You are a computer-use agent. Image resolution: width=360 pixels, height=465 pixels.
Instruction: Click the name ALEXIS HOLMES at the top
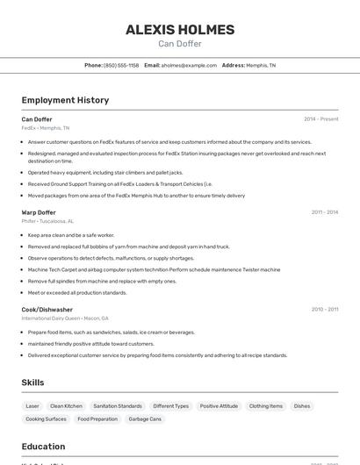click(x=180, y=30)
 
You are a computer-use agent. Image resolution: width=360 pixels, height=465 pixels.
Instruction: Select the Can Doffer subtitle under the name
click(x=180, y=44)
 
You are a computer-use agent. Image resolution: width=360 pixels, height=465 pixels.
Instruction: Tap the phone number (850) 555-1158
click(x=121, y=65)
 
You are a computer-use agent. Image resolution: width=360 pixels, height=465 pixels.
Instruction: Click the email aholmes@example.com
click(x=189, y=65)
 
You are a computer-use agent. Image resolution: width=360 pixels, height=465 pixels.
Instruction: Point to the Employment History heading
click(x=65, y=100)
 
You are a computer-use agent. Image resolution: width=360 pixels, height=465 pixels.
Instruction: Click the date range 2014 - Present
click(x=320, y=119)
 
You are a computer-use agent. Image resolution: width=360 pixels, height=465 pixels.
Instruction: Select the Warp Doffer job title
click(x=39, y=212)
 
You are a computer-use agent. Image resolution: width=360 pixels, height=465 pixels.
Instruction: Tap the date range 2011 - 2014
click(x=324, y=212)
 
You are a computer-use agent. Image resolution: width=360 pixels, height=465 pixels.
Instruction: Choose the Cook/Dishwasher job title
click(x=47, y=310)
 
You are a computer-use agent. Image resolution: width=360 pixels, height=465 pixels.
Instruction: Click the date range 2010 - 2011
click(x=324, y=310)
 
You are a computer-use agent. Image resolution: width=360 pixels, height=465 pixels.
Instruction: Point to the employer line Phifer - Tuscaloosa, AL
click(x=47, y=221)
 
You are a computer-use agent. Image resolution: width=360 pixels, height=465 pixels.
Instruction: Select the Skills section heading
click(x=32, y=383)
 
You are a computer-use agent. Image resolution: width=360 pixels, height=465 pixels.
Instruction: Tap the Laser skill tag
click(x=32, y=406)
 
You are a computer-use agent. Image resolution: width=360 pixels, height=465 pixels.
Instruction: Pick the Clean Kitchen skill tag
click(x=66, y=406)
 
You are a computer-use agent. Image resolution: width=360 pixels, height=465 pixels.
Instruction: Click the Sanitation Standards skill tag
click(x=118, y=406)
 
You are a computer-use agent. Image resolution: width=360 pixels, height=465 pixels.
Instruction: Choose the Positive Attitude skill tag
click(x=219, y=406)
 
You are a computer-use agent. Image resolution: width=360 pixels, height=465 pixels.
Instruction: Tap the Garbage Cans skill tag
click(x=144, y=419)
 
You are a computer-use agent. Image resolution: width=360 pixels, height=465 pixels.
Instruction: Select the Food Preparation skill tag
click(x=97, y=419)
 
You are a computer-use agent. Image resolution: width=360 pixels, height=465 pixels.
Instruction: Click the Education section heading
click(x=43, y=447)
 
